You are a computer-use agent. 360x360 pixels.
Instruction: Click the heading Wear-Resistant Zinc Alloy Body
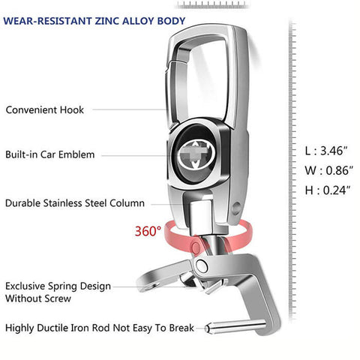pyautogui.click(x=94, y=21)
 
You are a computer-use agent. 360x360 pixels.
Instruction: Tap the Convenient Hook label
pyautogui.click(x=45, y=109)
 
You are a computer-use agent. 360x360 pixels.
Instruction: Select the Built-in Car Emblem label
pyautogui.click(x=50, y=154)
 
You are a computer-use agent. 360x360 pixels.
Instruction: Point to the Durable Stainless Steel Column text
pyautogui.click(x=75, y=203)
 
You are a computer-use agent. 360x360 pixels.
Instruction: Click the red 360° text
pyautogui.click(x=148, y=231)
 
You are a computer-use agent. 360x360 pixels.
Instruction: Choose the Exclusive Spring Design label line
pyautogui.click(x=58, y=286)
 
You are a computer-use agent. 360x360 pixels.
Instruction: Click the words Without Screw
pyautogui.click(x=38, y=298)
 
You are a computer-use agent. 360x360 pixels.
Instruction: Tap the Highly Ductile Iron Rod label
pyautogui.click(x=100, y=328)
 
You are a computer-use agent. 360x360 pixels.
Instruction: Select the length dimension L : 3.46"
pyautogui.click(x=326, y=151)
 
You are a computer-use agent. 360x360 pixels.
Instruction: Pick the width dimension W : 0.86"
pyautogui.click(x=329, y=170)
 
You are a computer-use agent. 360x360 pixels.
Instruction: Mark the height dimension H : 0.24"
pyautogui.click(x=328, y=190)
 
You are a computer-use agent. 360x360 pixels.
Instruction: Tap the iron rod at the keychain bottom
pyautogui.click(x=235, y=326)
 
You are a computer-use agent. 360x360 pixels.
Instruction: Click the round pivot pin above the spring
pyautogui.click(x=202, y=265)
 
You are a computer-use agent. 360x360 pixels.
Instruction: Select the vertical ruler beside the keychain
pyautogui.click(x=292, y=171)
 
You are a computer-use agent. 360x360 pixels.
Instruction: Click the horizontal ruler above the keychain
pyautogui.click(x=212, y=4)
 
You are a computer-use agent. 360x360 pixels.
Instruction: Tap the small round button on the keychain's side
pyautogui.click(x=236, y=208)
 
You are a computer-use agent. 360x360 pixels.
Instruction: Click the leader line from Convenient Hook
pyautogui.click(x=129, y=109)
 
